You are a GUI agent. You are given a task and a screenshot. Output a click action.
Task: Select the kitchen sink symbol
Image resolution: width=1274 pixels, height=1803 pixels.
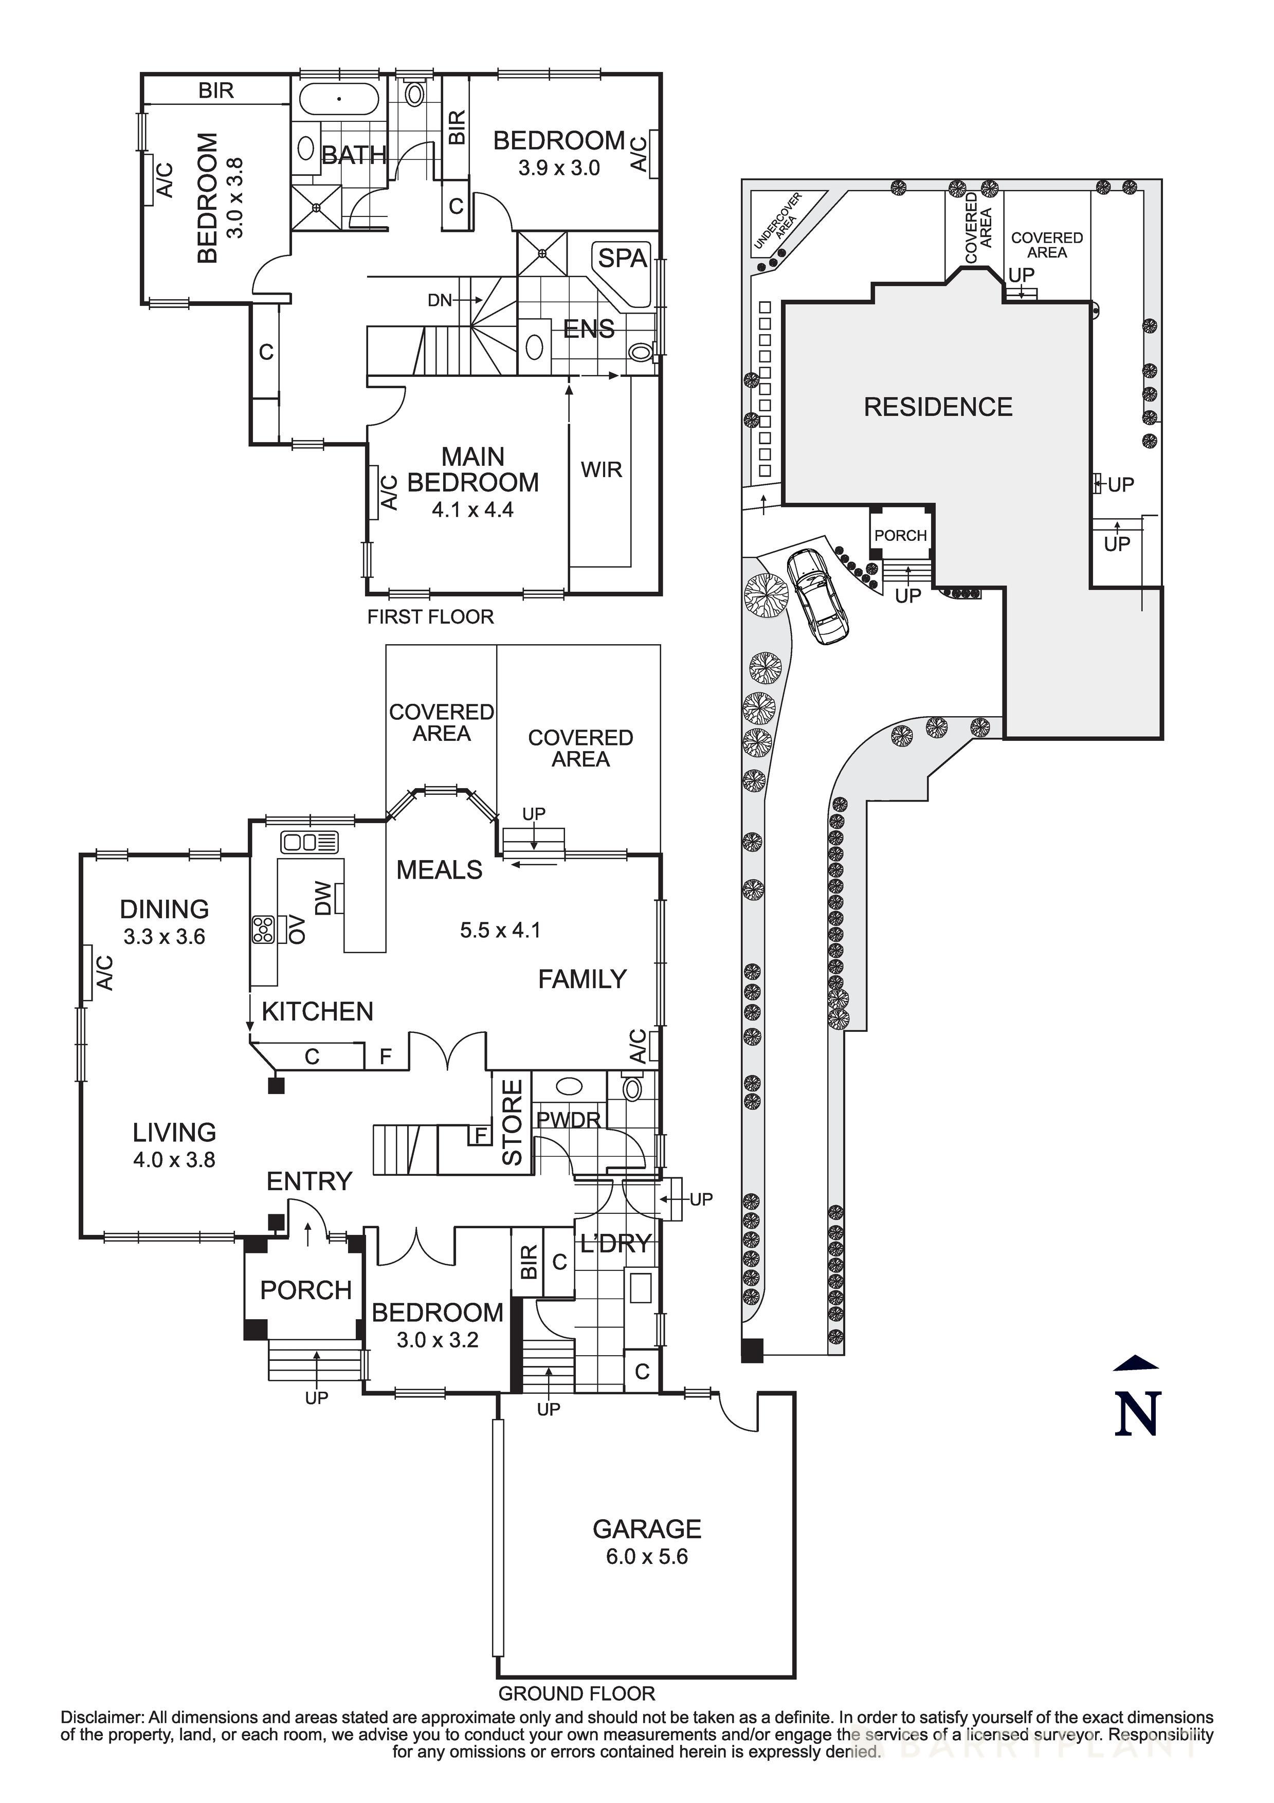click(310, 843)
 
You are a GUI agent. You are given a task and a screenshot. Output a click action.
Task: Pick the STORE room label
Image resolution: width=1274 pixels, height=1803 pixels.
click(512, 1122)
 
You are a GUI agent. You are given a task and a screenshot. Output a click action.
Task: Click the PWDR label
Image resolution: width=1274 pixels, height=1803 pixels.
click(568, 1120)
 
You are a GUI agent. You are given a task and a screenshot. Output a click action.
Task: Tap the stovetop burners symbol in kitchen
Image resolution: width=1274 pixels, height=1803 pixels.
click(262, 930)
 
